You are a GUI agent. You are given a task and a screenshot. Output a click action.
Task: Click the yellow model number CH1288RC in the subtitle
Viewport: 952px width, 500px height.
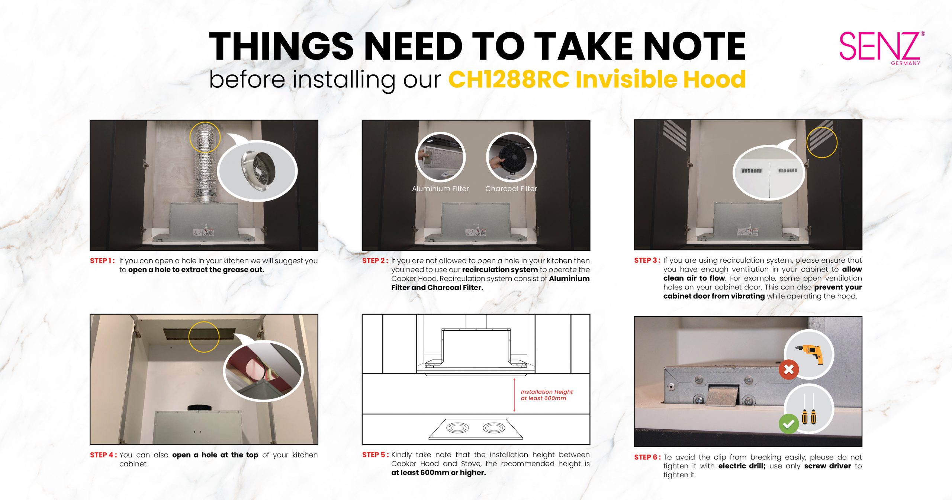pyautogui.click(x=508, y=80)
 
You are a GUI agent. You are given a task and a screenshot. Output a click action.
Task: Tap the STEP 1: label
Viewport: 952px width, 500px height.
pyautogui.click(x=102, y=261)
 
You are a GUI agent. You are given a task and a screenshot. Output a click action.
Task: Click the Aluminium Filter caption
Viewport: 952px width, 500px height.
pyautogui.click(x=440, y=189)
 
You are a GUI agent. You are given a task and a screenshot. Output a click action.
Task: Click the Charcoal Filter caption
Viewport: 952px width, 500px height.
pyautogui.click(x=511, y=189)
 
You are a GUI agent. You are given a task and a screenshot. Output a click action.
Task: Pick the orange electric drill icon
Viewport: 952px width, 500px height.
pyautogui.click(x=810, y=354)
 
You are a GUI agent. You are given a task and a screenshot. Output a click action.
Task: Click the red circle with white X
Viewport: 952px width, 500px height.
pyautogui.click(x=788, y=370)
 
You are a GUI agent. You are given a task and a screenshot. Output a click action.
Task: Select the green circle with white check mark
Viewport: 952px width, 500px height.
pyautogui.click(x=788, y=424)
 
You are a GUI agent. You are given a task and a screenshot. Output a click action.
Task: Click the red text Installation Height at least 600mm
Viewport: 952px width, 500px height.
pyautogui.click(x=546, y=395)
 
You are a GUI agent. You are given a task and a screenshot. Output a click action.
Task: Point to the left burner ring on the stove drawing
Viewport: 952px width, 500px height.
pyautogui.click(x=457, y=428)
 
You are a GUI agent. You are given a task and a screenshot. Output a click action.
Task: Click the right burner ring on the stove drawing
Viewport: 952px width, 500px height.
pyautogui.click(x=494, y=428)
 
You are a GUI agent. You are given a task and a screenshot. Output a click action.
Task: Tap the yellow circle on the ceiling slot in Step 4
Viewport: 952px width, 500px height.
pyautogui.click(x=204, y=337)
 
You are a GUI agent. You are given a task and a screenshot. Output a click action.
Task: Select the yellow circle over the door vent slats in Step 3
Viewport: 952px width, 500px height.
pyautogui.click(x=821, y=142)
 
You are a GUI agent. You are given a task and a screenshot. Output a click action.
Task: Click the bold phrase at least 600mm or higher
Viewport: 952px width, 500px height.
pyautogui.click(x=438, y=473)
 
